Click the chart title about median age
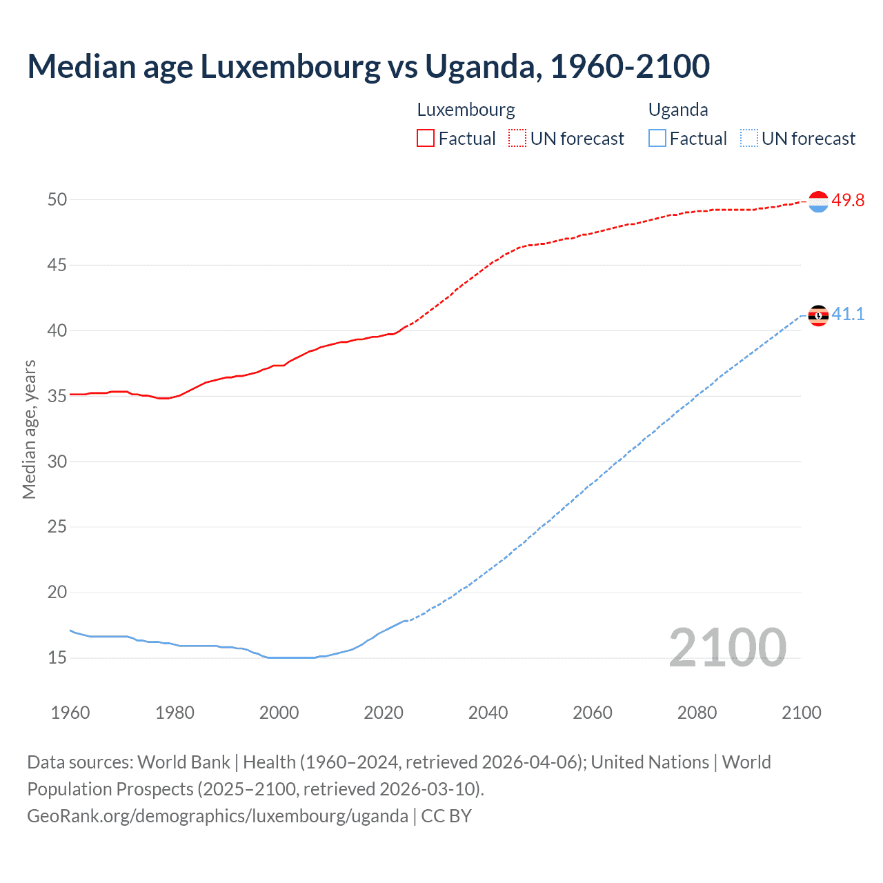click(x=368, y=67)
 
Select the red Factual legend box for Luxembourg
click(x=426, y=139)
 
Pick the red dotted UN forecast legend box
click(x=517, y=139)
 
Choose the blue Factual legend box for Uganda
click(x=657, y=139)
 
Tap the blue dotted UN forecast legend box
click(x=749, y=139)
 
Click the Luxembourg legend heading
click(x=466, y=110)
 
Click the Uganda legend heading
click(x=678, y=110)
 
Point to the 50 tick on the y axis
click(x=57, y=200)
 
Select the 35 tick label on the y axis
click(x=57, y=396)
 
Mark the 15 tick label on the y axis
click(x=57, y=657)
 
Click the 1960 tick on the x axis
click(x=70, y=713)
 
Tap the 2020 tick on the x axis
click(x=384, y=713)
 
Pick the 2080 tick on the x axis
click(x=697, y=713)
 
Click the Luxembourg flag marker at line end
click(x=818, y=201)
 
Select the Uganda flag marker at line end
click(x=818, y=315)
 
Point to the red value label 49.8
click(x=848, y=201)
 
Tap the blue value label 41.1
click(x=848, y=315)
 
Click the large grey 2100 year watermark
click(x=728, y=648)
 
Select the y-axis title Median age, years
click(x=29, y=429)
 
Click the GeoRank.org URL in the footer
click(x=217, y=816)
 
